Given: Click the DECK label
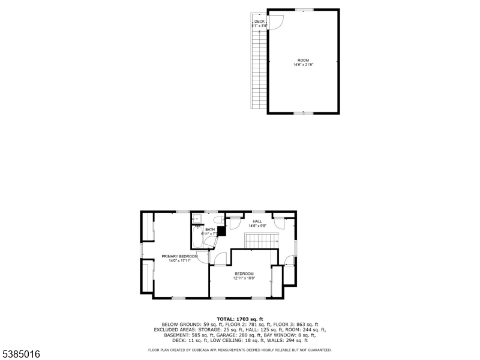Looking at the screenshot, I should (x=259, y=22).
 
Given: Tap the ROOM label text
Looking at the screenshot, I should (x=303, y=61).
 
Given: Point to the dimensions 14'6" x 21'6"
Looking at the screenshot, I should (x=303, y=65).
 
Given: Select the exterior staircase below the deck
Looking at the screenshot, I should (x=259, y=69).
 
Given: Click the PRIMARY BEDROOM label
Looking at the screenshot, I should (x=179, y=256).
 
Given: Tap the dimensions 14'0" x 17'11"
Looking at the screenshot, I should (x=179, y=261).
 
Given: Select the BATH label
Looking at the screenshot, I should (x=210, y=229).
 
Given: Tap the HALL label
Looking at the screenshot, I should (x=257, y=221).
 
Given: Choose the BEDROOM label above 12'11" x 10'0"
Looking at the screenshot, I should (x=244, y=274).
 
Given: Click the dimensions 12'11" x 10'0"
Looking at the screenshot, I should (x=244, y=278).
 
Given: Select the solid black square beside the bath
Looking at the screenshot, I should (x=221, y=230).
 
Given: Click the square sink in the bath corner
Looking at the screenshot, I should (x=195, y=218).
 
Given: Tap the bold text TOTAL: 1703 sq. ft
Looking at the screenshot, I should (x=240, y=319).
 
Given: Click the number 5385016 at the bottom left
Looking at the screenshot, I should (x=21, y=355).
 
